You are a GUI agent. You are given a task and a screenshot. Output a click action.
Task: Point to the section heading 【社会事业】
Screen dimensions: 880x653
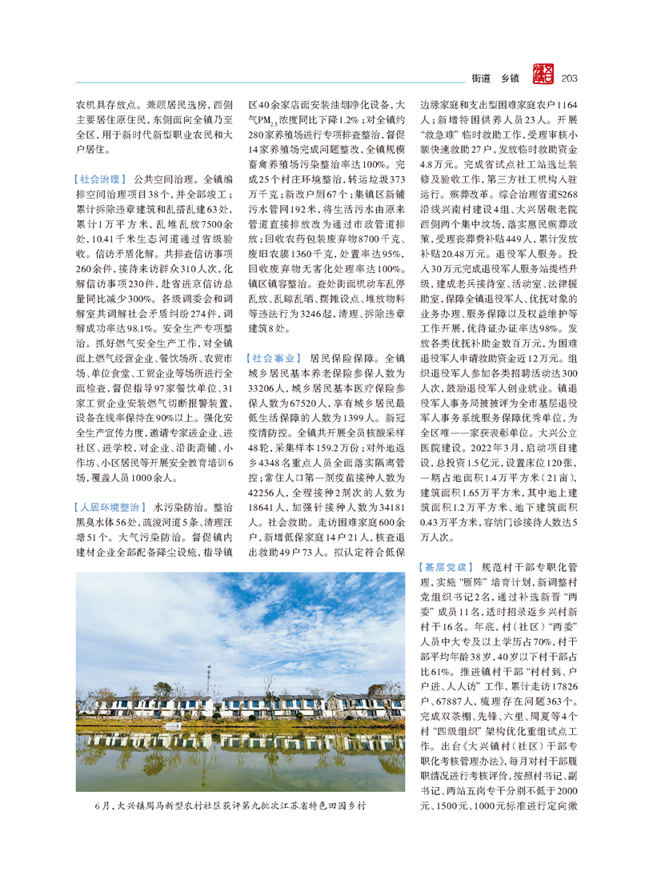pyautogui.click(x=276, y=357)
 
